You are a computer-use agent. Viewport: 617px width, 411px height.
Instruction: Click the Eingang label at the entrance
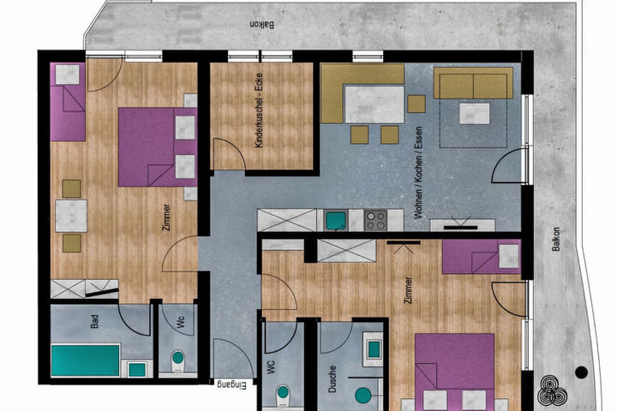[231, 384]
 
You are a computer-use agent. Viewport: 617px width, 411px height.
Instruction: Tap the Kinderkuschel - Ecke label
[259, 110]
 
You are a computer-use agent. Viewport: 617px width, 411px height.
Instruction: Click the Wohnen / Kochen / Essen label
[418, 172]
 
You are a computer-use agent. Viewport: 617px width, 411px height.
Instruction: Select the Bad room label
[94, 321]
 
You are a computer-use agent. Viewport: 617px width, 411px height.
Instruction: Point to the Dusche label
[332, 379]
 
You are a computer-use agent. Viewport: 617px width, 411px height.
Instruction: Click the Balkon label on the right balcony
[555, 239]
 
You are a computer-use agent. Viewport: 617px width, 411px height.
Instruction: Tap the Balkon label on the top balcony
[262, 24]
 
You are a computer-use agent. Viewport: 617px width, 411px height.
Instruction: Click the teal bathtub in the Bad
[86, 360]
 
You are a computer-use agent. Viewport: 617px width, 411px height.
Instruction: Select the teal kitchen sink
[336, 221]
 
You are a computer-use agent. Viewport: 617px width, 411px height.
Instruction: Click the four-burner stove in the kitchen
[375, 221]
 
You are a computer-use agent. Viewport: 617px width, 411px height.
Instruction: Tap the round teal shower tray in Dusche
[362, 396]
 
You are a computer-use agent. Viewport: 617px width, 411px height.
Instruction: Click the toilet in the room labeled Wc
[178, 360]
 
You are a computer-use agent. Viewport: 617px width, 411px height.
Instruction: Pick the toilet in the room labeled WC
[283, 395]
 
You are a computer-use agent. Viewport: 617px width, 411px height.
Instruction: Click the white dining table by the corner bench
[374, 104]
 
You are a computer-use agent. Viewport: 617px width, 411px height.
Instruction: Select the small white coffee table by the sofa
[475, 114]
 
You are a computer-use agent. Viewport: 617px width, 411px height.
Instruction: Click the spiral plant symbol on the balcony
[553, 390]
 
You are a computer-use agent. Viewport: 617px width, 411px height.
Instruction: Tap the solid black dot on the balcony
[581, 372]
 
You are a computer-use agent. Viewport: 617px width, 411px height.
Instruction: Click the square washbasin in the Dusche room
[374, 349]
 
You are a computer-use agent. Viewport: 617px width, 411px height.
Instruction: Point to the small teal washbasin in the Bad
[137, 369]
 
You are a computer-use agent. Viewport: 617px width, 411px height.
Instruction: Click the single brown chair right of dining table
[416, 104]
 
